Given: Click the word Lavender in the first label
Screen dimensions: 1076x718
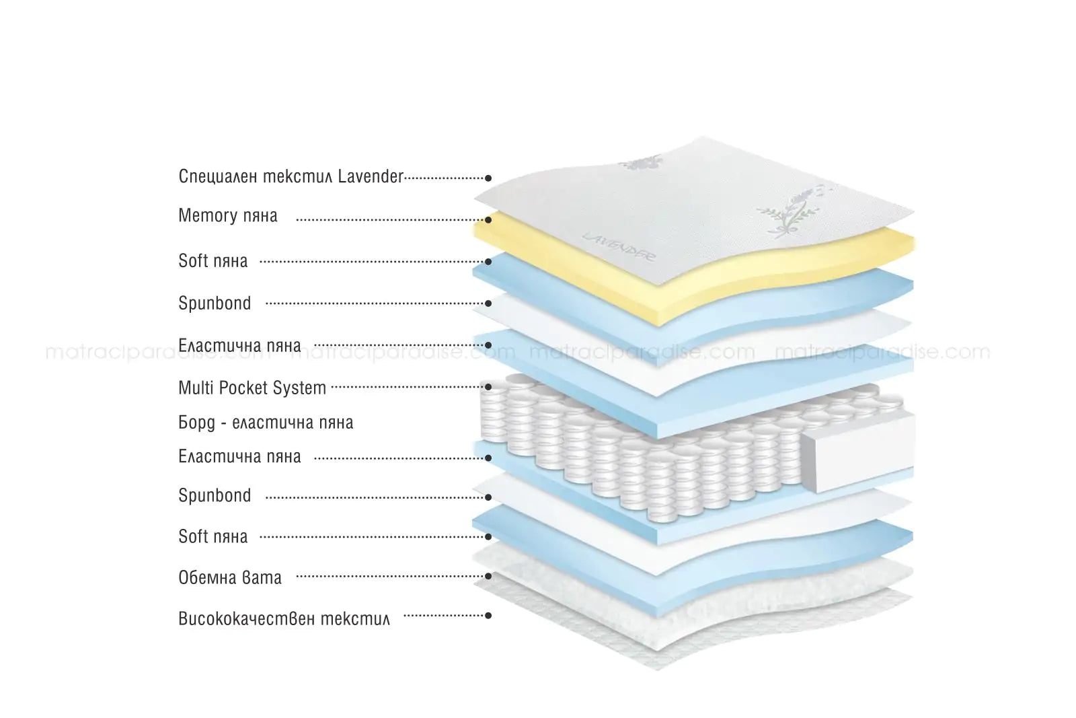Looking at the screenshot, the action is [371, 176].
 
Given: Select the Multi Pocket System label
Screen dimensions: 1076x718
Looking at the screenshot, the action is [252, 388].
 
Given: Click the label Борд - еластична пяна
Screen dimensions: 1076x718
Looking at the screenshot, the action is [266, 423].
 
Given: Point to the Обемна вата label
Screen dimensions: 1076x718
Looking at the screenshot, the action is [229, 577].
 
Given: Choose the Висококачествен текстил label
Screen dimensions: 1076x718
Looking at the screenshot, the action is [284, 618].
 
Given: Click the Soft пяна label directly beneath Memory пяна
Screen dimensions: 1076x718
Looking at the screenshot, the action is [213, 261].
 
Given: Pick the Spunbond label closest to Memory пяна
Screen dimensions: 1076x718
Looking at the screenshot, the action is [215, 303].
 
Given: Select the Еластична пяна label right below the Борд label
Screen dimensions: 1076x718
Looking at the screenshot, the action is [239, 456].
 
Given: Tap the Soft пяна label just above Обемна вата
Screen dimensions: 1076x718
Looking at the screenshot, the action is [213, 536].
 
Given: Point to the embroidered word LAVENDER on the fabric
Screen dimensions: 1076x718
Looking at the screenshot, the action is [618, 247].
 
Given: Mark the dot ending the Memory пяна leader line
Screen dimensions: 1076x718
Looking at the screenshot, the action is [488, 220].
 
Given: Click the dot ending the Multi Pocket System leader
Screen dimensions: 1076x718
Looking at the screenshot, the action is [488, 387].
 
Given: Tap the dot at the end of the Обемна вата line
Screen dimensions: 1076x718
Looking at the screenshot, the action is [488, 576].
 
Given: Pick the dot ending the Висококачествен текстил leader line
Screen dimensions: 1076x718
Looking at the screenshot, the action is [488, 616].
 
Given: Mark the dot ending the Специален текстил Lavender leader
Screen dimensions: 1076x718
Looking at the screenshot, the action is [488, 178].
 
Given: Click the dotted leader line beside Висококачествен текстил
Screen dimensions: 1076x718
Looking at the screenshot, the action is [444, 616].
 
